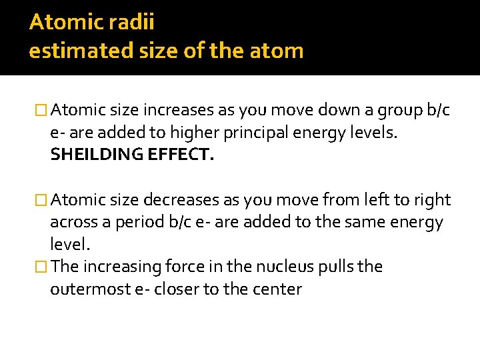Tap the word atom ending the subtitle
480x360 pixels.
click(x=279, y=50)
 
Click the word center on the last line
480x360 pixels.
click(x=277, y=289)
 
